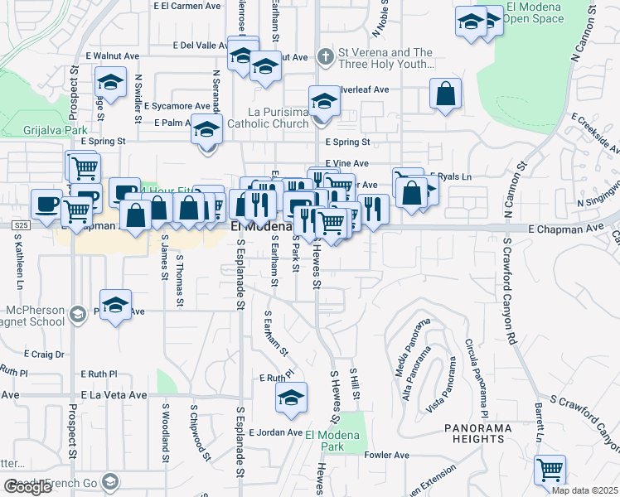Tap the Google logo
coord(27,487)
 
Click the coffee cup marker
coord(46,202)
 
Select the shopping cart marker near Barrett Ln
coord(549,469)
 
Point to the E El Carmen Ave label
coord(187,5)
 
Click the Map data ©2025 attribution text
coord(585,490)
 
